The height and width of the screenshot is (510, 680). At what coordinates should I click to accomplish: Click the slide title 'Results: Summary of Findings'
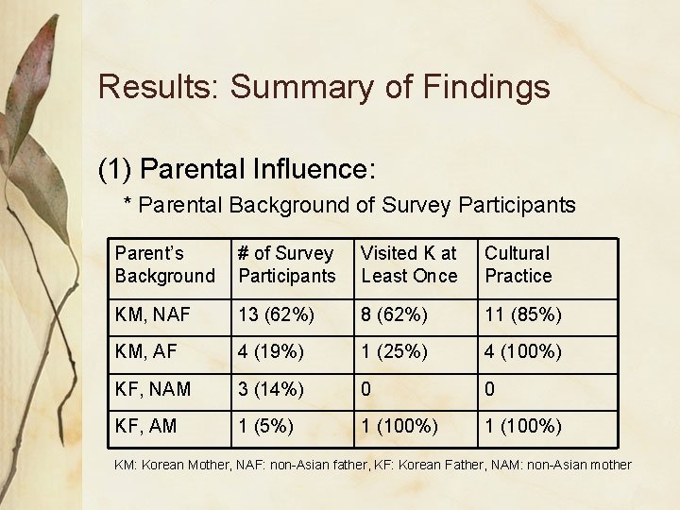(x=323, y=87)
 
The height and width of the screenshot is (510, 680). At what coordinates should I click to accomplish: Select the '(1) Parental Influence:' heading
(x=237, y=169)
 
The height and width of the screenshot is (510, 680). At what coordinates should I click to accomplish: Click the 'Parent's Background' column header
(x=164, y=264)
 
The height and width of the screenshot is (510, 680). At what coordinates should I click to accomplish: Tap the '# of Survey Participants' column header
(x=286, y=264)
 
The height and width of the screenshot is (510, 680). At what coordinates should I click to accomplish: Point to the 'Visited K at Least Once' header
(x=409, y=264)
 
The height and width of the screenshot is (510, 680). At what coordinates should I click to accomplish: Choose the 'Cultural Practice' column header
(x=518, y=264)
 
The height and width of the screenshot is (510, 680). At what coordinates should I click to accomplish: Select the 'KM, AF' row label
(x=145, y=351)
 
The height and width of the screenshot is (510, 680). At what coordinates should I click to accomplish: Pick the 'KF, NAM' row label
(x=152, y=389)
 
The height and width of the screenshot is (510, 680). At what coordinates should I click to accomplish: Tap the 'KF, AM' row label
(x=145, y=426)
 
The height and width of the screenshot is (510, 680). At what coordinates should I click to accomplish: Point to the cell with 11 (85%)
(x=523, y=314)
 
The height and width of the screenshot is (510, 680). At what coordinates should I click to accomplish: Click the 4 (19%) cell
(x=271, y=351)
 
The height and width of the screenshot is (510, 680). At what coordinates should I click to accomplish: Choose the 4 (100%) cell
(x=523, y=351)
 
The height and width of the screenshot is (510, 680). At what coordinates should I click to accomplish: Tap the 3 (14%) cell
(x=271, y=389)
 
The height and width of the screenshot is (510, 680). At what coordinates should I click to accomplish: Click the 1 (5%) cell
(x=265, y=426)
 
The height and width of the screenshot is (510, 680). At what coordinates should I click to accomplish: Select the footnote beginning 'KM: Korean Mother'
(x=372, y=465)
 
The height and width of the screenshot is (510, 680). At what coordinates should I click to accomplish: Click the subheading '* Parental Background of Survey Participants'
(x=349, y=205)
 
